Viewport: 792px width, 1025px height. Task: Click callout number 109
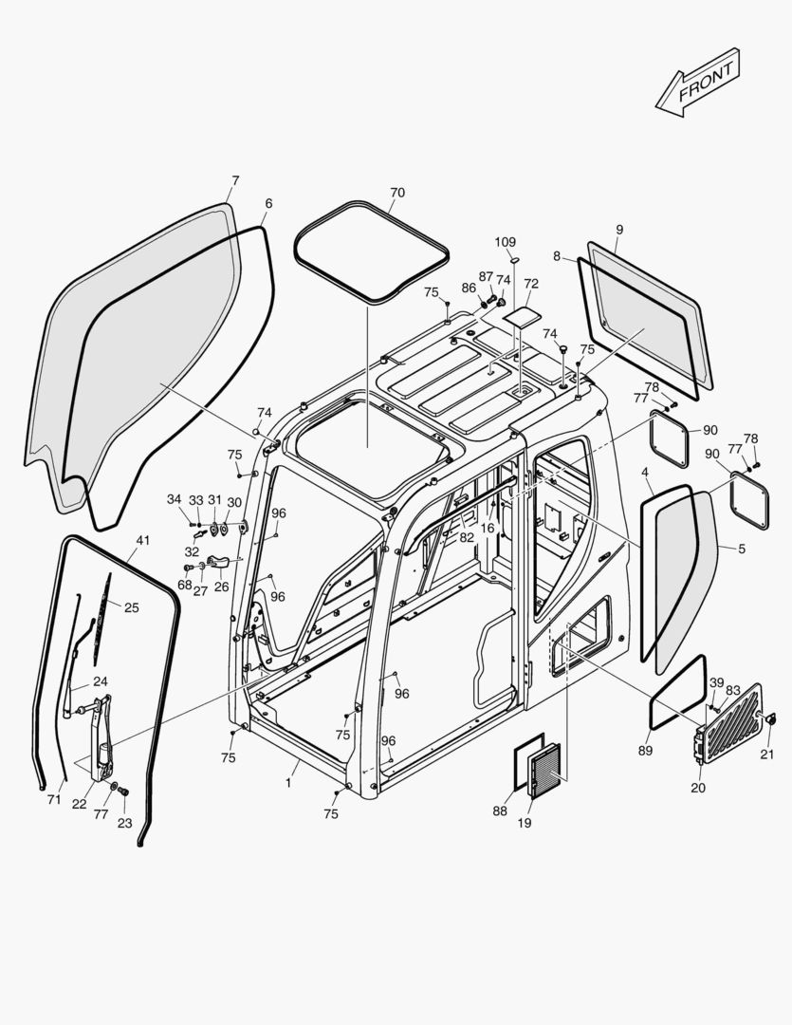coord(506,243)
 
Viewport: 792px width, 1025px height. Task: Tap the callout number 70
coord(396,193)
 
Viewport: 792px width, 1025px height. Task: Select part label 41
coord(142,541)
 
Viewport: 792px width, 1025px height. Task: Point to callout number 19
coord(524,823)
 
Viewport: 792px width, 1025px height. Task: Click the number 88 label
coord(500,811)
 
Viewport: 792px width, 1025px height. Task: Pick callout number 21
coord(766,755)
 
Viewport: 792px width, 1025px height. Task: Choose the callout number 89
coord(646,751)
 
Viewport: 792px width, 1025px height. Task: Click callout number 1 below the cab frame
coord(288,784)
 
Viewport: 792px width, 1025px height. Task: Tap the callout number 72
coord(530,284)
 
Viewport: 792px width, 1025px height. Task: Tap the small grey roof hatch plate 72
coord(521,316)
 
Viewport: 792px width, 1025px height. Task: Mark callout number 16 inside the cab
coord(488,529)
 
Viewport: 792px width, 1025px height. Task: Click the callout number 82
coord(467,537)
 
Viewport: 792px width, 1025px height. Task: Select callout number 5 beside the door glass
coord(741,548)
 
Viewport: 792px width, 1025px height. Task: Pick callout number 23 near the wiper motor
coord(125,823)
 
